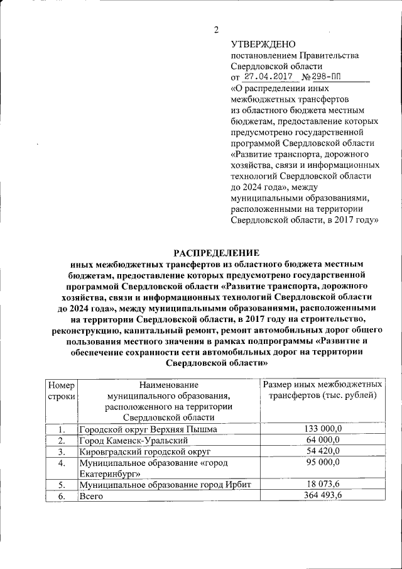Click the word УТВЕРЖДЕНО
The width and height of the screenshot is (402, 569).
263,44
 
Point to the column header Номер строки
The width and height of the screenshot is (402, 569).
61,390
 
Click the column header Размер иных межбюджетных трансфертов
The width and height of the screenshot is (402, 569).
322,390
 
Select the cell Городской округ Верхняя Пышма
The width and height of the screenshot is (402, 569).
148,429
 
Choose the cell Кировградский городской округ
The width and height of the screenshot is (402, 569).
144,451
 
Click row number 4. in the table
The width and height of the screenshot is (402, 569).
61,463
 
